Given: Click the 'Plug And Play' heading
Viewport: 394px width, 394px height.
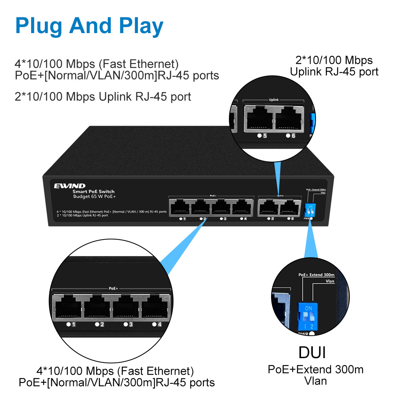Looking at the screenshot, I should [x=89, y=26].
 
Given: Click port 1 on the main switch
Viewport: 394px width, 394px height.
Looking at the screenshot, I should [x=180, y=208].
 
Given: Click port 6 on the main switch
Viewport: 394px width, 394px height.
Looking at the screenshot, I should [x=289, y=208].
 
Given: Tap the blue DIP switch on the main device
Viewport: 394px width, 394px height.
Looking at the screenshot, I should [x=310, y=209].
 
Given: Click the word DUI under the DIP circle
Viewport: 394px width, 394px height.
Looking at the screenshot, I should [x=312, y=352].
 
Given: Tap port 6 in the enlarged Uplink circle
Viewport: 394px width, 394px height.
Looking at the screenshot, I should [x=290, y=117].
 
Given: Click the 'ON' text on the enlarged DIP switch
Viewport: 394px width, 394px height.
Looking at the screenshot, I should [x=309, y=308].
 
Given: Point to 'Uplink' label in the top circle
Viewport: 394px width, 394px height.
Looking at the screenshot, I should [x=273, y=100].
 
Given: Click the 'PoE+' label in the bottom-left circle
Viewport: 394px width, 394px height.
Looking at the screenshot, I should [x=113, y=288].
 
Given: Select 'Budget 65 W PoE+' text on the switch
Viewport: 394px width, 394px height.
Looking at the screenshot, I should [x=93, y=196].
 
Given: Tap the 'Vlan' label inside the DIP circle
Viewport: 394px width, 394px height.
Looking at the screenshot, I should [x=330, y=281].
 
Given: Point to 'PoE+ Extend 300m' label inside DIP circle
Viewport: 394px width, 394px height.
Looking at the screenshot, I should [x=316, y=275].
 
